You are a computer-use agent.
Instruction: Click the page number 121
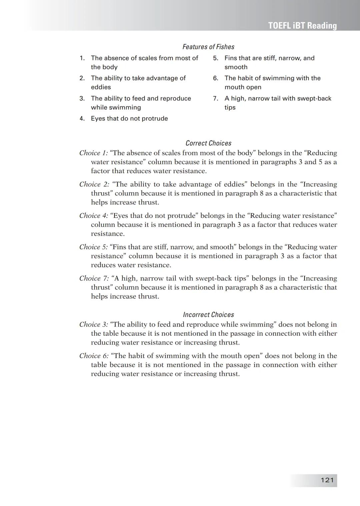pos(327,480)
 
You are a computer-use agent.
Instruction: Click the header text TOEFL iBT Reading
pos(302,26)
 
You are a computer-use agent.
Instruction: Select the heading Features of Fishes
pos(208,47)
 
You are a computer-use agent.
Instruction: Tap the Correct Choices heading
pos(208,143)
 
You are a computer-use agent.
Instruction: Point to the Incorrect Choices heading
pos(208,315)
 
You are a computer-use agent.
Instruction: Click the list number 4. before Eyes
pos(82,119)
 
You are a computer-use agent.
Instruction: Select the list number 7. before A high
pos(216,99)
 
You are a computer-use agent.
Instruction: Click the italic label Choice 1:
pos(94,153)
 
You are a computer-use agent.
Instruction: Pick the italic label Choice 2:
pos(94,184)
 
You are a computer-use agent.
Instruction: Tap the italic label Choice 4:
pos(94,216)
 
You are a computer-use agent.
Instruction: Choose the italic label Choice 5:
pos(94,247)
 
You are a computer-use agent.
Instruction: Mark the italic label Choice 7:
pos(94,278)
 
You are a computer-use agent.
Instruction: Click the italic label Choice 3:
pos(94,324)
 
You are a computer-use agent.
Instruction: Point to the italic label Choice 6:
pos(94,356)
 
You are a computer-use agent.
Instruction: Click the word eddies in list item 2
pos(101,87)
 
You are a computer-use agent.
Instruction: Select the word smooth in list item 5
pos(236,67)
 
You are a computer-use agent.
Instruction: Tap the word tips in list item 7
pos(230,108)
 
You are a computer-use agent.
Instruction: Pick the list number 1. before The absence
pos(82,58)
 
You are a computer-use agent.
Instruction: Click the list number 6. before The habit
pos(216,78)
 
